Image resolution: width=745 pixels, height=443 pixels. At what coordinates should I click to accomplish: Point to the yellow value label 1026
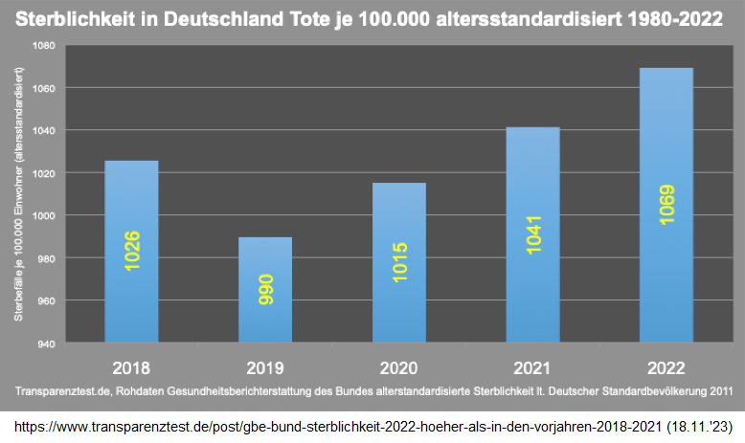tap(132, 251)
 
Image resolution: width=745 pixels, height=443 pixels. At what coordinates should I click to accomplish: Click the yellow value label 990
tap(266, 290)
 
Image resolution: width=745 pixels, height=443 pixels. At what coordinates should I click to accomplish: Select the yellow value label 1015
tap(399, 261)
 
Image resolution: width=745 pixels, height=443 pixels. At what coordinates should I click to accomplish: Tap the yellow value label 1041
tap(533, 234)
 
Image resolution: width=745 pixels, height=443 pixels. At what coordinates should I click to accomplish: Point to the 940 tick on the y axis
tap(47, 343)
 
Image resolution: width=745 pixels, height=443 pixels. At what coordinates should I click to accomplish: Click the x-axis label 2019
tap(265, 367)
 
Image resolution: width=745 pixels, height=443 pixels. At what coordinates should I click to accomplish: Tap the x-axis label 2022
tap(666, 367)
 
